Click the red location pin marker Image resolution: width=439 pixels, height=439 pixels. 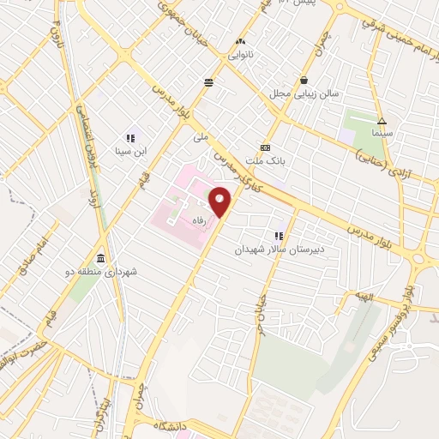pyautogui.click(x=220, y=202)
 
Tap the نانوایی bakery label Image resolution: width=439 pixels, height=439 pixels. pyautogui.click(x=239, y=54)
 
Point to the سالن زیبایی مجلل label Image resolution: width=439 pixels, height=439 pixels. pyautogui.click(x=313, y=93)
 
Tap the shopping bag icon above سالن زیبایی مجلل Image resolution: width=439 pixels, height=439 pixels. pyautogui.click(x=304, y=80)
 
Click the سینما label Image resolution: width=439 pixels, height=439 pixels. pyautogui.click(x=382, y=135)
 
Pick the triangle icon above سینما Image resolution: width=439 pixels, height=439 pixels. pyautogui.click(x=382, y=121)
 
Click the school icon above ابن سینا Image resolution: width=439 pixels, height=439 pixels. pyautogui.click(x=131, y=137)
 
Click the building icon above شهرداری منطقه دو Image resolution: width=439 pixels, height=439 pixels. pyautogui.click(x=101, y=259)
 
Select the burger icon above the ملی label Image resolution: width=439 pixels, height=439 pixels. pyautogui.click(x=208, y=82)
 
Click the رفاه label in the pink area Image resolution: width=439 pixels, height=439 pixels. pyautogui.click(x=200, y=218)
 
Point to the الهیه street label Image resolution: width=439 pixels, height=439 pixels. pyautogui.click(x=365, y=297)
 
